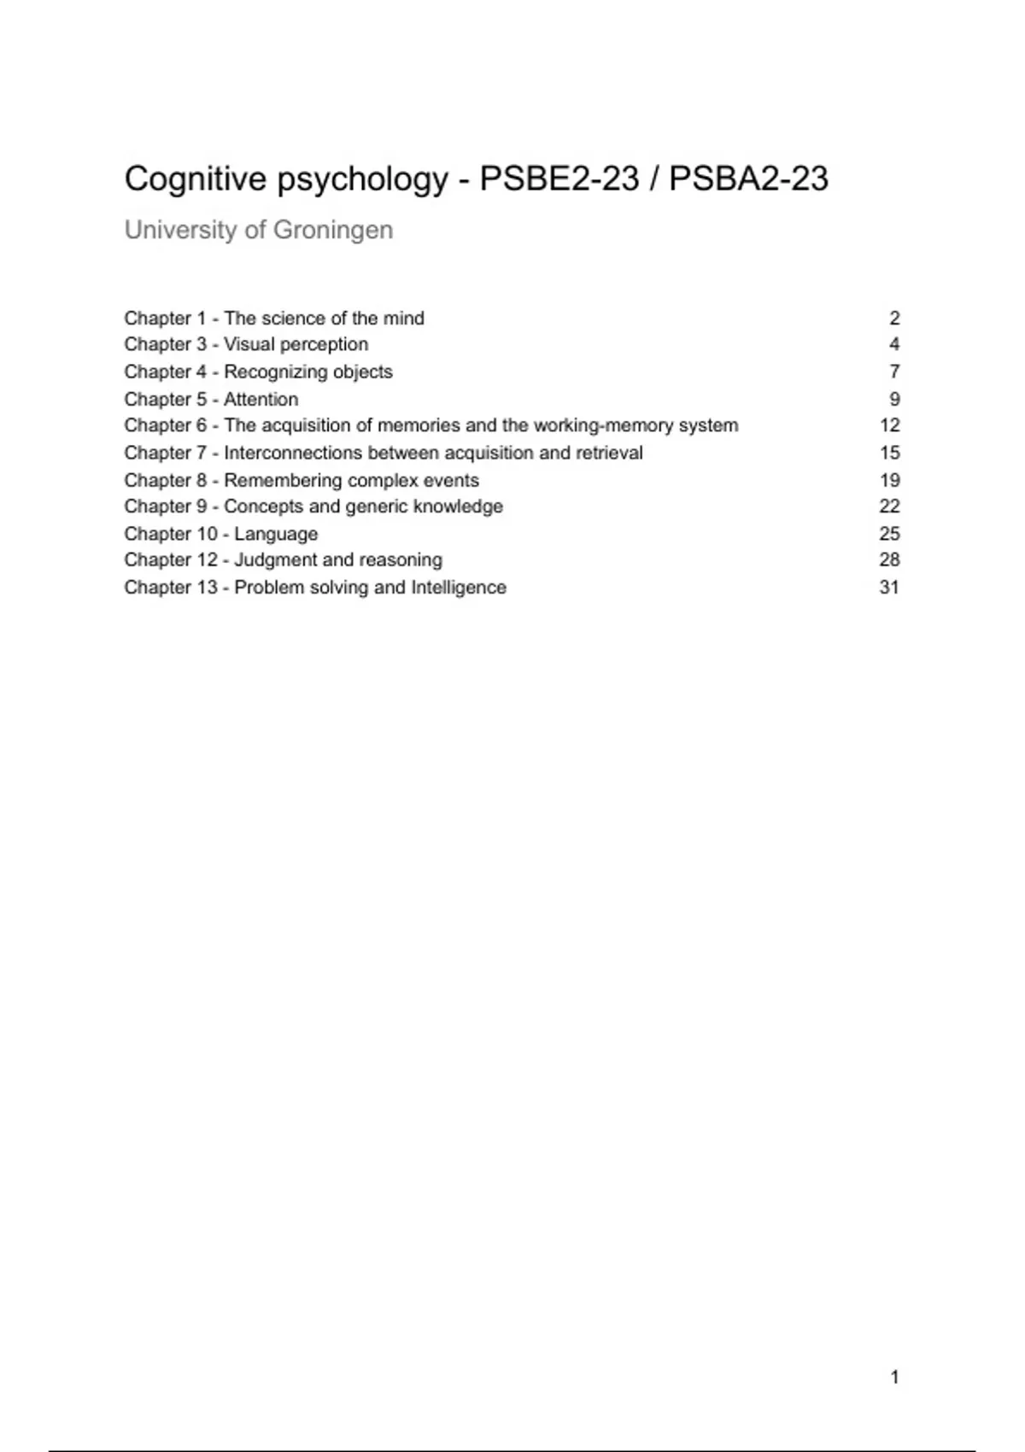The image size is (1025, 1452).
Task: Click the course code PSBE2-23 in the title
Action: coord(559,179)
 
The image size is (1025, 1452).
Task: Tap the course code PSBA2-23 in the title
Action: coord(748,179)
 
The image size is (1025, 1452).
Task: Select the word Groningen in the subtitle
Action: coord(333,230)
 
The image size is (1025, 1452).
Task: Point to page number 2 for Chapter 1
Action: coord(894,319)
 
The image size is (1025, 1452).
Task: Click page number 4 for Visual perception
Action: coord(894,344)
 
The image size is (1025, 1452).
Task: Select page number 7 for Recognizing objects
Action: coord(894,372)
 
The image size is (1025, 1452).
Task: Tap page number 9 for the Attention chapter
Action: coord(894,399)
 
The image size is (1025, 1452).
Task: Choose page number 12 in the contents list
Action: coord(889,425)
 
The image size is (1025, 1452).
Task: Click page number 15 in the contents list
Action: coord(889,453)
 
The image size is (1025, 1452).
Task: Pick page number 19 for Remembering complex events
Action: coord(889,480)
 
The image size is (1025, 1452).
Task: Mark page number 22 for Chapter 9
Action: coord(889,506)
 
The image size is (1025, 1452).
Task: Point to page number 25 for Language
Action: coord(889,534)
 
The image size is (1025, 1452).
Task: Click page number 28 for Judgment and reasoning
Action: coord(889,559)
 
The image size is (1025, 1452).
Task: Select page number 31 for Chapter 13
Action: coord(889,587)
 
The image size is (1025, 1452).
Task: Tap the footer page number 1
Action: coord(894,1377)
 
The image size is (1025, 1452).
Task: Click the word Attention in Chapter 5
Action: coord(261,399)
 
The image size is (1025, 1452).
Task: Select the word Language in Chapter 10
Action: coord(276,534)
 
